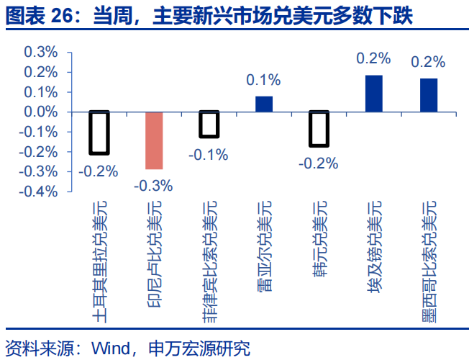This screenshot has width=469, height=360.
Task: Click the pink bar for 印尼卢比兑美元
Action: (x=155, y=140)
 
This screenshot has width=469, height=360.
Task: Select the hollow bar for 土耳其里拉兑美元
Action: (x=99, y=132)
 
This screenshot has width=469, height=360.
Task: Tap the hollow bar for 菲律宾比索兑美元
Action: (x=209, y=124)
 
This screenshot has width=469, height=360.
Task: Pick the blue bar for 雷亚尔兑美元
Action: (x=264, y=104)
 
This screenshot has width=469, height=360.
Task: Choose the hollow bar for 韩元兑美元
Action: (x=319, y=129)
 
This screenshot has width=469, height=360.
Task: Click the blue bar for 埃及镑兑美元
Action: (x=373, y=94)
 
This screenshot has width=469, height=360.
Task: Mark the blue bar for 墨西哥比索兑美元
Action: (x=429, y=95)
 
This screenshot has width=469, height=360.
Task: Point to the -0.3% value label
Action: (x=155, y=186)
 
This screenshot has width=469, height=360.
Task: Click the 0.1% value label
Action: (x=264, y=81)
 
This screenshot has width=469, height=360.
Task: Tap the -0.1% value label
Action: (x=209, y=154)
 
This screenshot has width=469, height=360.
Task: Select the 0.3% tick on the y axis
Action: (x=40, y=53)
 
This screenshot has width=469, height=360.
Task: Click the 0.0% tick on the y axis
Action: (x=40, y=112)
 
